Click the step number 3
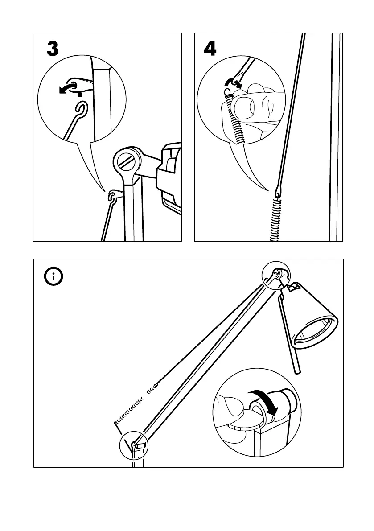(53, 49)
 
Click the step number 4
(210, 49)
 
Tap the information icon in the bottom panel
(54, 277)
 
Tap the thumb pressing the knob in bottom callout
(232, 408)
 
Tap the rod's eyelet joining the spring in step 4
(278, 191)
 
